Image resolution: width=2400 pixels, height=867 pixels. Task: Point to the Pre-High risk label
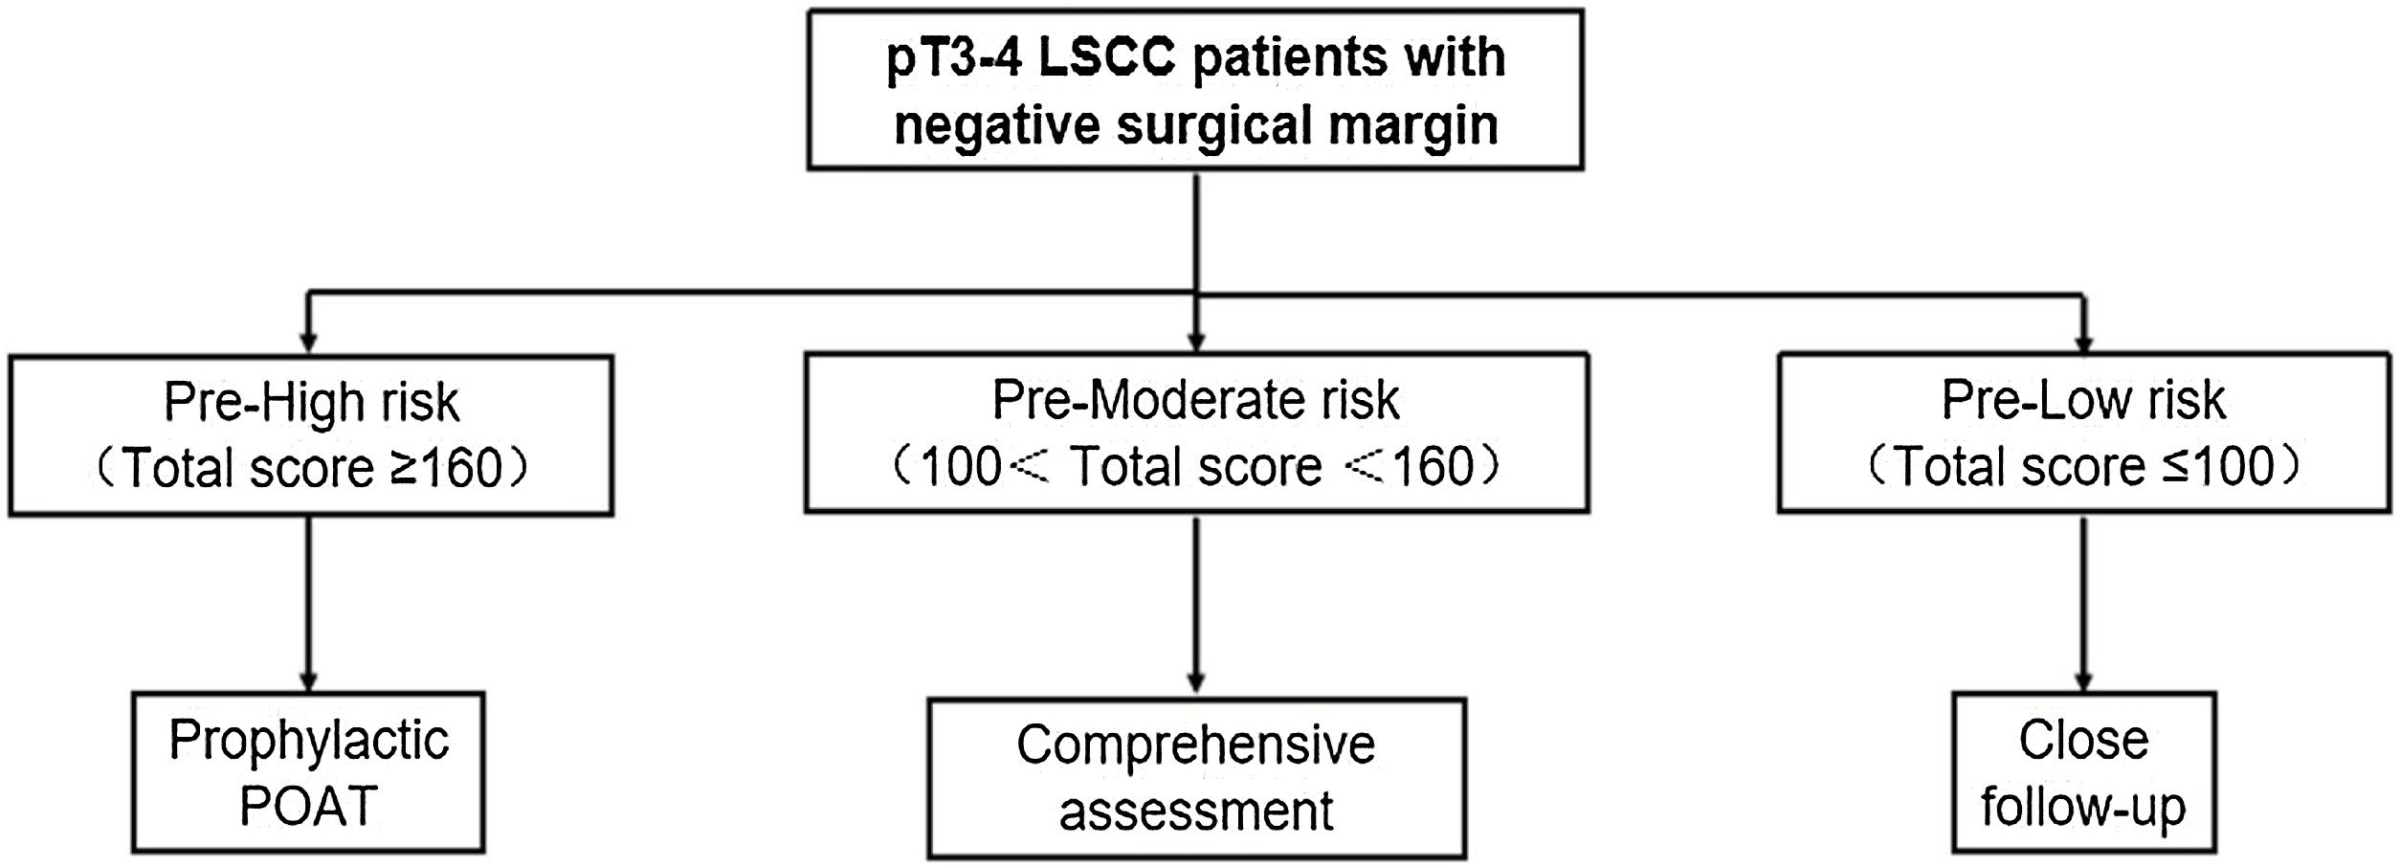(311, 401)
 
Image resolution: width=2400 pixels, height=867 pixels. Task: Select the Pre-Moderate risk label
(1195, 399)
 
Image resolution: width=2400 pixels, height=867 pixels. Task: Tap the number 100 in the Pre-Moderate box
(960, 467)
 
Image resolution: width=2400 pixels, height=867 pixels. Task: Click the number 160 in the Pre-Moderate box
(1433, 467)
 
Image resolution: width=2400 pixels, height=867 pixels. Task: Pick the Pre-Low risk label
(2082, 399)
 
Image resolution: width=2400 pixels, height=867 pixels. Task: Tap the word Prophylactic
(308, 741)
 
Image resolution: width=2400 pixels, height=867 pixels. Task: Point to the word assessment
(1195, 811)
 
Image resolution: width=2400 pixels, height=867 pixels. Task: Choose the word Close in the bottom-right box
(2083, 740)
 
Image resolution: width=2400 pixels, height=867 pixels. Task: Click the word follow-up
(2083, 807)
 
